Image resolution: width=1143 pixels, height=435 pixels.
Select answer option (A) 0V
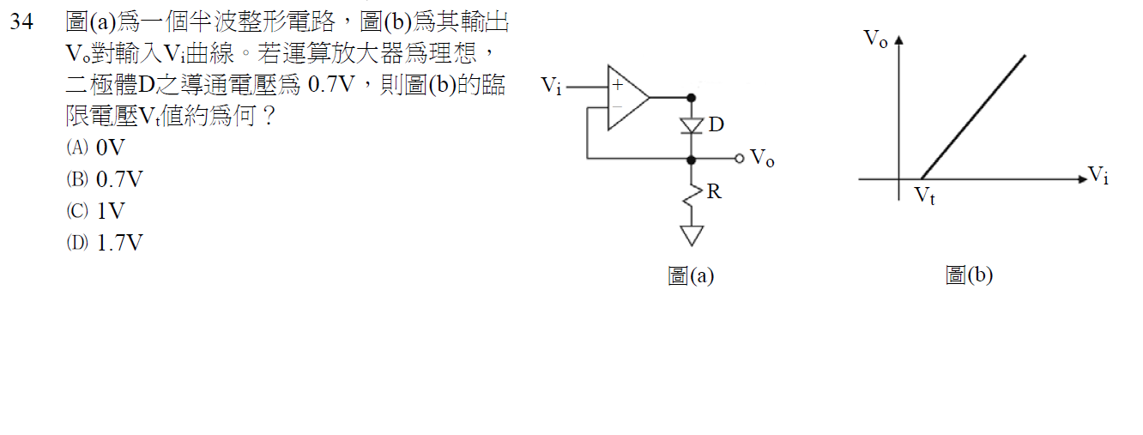[x=95, y=148]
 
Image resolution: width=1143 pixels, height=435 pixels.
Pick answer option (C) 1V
[x=95, y=211]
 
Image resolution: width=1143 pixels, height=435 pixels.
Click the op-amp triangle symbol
[x=627, y=98]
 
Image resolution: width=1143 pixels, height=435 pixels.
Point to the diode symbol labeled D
[x=692, y=125]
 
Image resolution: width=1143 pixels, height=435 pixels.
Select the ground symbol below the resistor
[x=692, y=234]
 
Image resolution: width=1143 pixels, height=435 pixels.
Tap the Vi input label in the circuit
[x=552, y=86]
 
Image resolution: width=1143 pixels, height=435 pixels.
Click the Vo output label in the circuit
[x=762, y=158]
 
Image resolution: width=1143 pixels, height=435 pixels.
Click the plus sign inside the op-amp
[x=617, y=85]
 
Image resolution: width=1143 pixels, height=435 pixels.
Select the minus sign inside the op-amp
[x=617, y=106]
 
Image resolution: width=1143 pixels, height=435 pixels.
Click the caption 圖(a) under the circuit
[x=691, y=275]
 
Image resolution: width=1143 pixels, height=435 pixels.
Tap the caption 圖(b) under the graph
[x=969, y=275]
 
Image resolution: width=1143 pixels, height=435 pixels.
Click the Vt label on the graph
[x=924, y=196]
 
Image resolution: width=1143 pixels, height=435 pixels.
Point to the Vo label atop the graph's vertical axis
[x=875, y=39]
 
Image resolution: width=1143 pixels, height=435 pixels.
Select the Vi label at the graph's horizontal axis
[x=1098, y=177]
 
